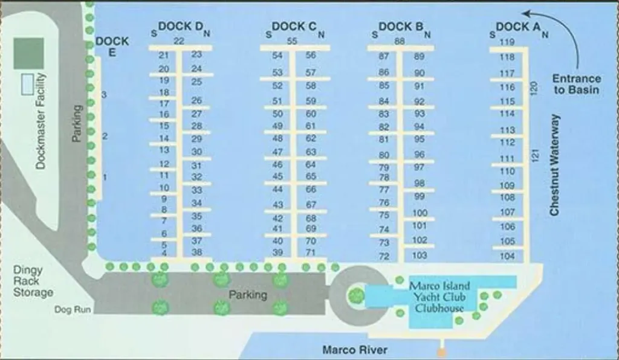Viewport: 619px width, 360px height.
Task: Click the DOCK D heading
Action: pos(181,27)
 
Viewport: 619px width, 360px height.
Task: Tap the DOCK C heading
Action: pos(294,27)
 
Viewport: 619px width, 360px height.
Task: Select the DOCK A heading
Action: pos(518,27)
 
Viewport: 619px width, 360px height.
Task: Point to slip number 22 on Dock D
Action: pos(179,41)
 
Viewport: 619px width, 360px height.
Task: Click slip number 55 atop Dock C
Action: pos(292,41)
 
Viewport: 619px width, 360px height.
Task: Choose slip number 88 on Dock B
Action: pos(400,41)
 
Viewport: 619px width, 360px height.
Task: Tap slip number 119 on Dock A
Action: pos(507,42)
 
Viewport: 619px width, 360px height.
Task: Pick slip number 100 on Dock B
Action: pos(420,213)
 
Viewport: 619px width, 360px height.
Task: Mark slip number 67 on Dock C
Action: pos(311,205)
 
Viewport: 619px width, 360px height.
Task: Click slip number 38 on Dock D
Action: pos(196,252)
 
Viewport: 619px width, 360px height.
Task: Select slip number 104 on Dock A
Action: pos(507,256)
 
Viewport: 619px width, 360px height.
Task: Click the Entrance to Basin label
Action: pos(576,84)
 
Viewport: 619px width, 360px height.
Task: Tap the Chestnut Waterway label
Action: pos(555,166)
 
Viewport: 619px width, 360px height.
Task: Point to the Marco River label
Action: pos(355,350)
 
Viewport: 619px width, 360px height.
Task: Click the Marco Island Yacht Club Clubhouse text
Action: pos(439,297)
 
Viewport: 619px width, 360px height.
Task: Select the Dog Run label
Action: pos(73,309)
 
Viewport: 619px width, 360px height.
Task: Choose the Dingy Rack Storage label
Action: pos(33,281)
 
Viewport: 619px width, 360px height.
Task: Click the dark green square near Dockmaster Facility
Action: pos(28,53)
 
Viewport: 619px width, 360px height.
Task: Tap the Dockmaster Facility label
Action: pos(41,121)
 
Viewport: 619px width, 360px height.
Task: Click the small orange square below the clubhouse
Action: pos(442,352)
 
